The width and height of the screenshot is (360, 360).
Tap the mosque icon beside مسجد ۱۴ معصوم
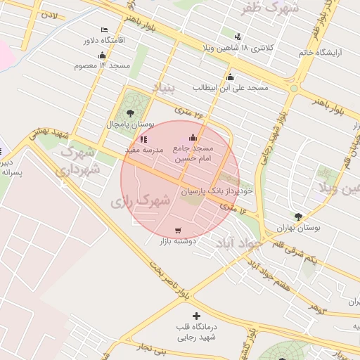[103, 55]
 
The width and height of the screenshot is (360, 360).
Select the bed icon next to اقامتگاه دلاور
[104, 30]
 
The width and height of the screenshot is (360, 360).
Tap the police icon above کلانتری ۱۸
[238, 37]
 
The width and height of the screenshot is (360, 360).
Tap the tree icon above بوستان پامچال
[129, 112]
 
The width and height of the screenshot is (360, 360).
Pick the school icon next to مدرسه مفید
[144, 139]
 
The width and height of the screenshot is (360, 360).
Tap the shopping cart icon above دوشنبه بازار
[177, 231]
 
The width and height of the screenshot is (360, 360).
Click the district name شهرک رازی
[141, 200]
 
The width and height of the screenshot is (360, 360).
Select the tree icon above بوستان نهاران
[299, 217]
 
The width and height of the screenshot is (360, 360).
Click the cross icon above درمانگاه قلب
[196, 316]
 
